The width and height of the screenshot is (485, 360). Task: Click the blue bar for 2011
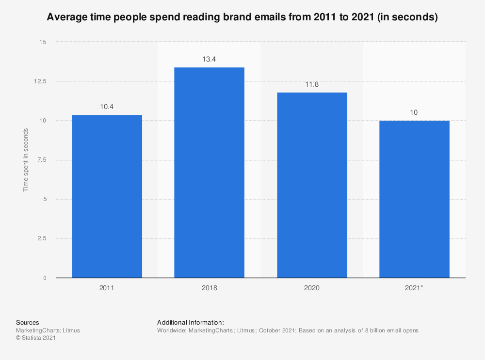(x=107, y=196)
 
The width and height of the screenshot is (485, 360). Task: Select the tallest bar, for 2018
(x=209, y=172)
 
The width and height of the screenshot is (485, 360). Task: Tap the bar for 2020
(x=312, y=185)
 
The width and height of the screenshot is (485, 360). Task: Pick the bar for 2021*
(x=414, y=199)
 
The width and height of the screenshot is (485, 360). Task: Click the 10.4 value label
(x=107, y=107)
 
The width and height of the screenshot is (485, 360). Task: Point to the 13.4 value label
(x=209, y=59)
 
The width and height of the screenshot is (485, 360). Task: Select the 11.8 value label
(x=312, y=84)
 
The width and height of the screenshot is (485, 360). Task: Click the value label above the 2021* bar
(x=414, y=112)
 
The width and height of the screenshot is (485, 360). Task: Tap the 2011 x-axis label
(x=107, y=288)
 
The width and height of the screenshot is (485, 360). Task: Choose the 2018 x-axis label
(x=209, y=288)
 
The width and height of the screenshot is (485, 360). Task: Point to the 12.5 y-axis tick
(x=40, y=81)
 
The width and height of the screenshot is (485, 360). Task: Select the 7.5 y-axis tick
(x=42, y=160)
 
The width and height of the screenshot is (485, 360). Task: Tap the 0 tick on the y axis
(x=45, y=278)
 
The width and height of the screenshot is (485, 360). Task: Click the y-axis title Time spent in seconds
(x=26, y=160)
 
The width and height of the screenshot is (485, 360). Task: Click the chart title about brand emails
(x=242, y=18)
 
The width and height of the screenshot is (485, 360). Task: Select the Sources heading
(x=28, y=322)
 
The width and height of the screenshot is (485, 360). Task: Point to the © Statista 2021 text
(x=36, y=338)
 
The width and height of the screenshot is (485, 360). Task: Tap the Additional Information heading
(x=191, y=322)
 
